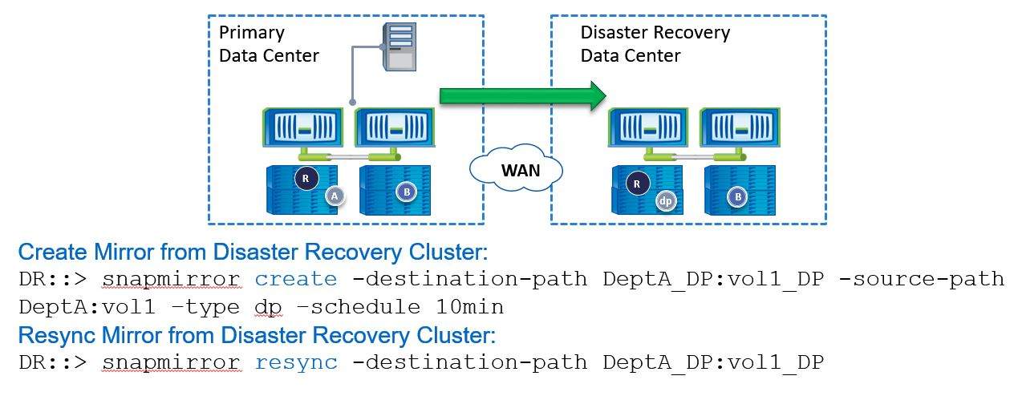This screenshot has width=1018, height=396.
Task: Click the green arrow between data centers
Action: point(521,95)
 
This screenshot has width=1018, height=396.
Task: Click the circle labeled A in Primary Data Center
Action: point(334,196)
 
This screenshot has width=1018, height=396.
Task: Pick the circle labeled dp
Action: point(664,200)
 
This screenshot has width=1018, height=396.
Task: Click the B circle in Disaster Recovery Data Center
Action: point(736,195)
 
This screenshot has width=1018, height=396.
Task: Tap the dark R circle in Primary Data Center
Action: point(305,178)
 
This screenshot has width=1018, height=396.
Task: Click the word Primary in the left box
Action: point(252,33)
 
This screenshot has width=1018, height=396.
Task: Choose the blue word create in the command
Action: point(296,279)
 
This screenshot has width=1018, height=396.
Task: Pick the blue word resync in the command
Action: point(296,362)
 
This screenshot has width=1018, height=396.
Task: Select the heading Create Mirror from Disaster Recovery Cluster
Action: point(253,253)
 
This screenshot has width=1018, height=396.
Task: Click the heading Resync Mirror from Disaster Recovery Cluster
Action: point(256,335)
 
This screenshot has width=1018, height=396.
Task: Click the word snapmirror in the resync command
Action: point(171,362)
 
